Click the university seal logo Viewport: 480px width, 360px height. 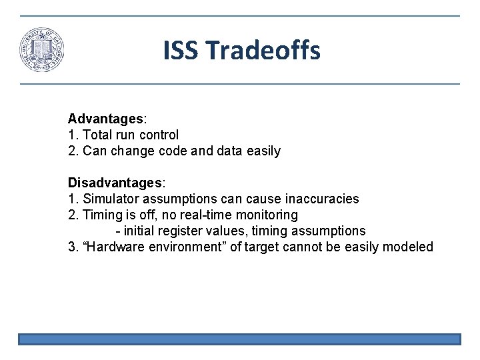click(x=42, y=50)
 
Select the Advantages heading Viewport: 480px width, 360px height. click(x=105, y=119)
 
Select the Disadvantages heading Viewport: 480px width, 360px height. click(x=115, y=183)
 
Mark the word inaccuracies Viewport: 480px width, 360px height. click(x=322, y=199)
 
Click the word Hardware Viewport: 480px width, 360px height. click(x=117, y=247)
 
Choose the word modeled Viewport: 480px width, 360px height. click(x=409, y=247)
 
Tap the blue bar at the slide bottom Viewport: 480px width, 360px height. click(x=239, y=339)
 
